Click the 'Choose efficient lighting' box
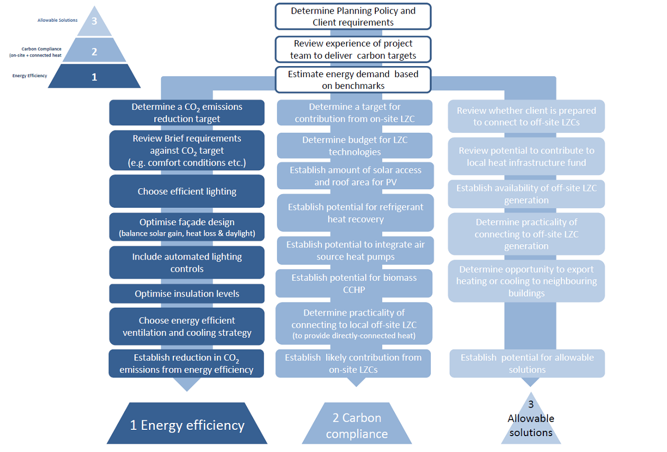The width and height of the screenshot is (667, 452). click(187, 191)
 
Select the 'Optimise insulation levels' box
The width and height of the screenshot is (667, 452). click(187, 294)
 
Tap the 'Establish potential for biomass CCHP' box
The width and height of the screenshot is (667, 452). click(354, 283)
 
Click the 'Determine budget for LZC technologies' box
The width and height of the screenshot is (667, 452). click(354, 146)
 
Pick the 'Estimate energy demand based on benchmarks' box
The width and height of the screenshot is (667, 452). click(353, 79)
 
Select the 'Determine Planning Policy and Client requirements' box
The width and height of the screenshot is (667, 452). click(353, 16)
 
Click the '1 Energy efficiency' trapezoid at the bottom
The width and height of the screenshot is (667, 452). click(187, 425)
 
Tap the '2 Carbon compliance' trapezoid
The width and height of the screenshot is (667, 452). click(357, 426)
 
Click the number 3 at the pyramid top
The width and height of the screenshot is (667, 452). click(95, 22)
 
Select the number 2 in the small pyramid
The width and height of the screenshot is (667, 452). click(95, 51)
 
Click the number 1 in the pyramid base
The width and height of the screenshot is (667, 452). click(95, 77)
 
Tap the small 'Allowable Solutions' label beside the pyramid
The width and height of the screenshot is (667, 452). click(57, 20)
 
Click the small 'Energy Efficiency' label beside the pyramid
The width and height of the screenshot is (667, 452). click(30, 76)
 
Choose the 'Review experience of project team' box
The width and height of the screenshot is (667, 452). click(353, 49)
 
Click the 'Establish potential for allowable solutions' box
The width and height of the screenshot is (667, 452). click(527, 363)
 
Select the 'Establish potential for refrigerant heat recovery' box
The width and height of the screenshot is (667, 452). click(355, 213)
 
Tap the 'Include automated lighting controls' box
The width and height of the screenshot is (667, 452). click(187, 263)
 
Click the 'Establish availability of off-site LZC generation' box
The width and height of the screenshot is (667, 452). click(526, 194)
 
